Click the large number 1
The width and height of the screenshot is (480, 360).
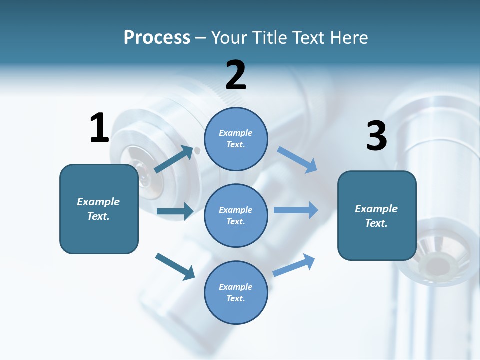99,128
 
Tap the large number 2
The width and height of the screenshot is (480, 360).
236,75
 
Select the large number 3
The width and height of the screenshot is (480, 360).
376,136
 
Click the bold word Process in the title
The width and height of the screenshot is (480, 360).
157,37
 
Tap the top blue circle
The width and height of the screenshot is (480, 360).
236,139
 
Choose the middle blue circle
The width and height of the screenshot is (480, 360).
236,215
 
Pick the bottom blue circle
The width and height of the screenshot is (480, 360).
236,292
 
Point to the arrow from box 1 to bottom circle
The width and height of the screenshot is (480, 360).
175,266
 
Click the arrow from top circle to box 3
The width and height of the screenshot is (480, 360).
297,159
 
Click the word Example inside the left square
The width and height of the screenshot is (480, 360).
98,202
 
